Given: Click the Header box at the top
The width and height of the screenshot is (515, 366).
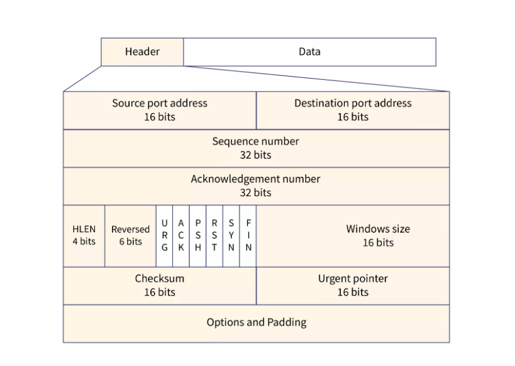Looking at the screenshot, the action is [142, 52].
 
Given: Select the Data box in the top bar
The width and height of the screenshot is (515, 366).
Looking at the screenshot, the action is [310, 52].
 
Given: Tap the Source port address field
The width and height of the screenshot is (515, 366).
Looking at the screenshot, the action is [160, 111].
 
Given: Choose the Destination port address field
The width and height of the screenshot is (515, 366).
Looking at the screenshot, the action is [353, 111].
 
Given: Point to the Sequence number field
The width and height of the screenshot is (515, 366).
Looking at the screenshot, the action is [256, 148].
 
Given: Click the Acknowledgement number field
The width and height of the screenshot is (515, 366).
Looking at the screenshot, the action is [256, 186].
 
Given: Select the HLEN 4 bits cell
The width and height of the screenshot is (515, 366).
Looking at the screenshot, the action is [84, 236].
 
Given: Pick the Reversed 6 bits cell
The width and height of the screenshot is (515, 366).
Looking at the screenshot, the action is [130, 236].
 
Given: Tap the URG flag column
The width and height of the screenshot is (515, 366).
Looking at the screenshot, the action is [165, 236].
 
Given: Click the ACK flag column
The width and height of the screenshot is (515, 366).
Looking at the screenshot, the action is [181, 236].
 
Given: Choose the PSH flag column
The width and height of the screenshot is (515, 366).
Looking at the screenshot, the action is [197, 236].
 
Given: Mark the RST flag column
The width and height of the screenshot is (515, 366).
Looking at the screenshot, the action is [214, 236].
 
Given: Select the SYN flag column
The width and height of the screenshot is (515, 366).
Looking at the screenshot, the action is [231, 236].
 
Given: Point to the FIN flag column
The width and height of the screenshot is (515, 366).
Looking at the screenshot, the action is [248, 236].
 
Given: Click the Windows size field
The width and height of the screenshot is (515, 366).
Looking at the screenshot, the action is [353, 236].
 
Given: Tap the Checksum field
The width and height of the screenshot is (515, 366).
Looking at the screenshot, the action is [160, 286].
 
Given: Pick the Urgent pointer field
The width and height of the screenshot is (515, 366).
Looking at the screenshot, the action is [353, 286].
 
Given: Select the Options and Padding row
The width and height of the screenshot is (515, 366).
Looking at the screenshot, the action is [256, 324].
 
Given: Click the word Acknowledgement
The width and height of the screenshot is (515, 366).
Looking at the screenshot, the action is [235, 179].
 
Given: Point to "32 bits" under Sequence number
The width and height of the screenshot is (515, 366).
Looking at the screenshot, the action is [255, 155].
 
